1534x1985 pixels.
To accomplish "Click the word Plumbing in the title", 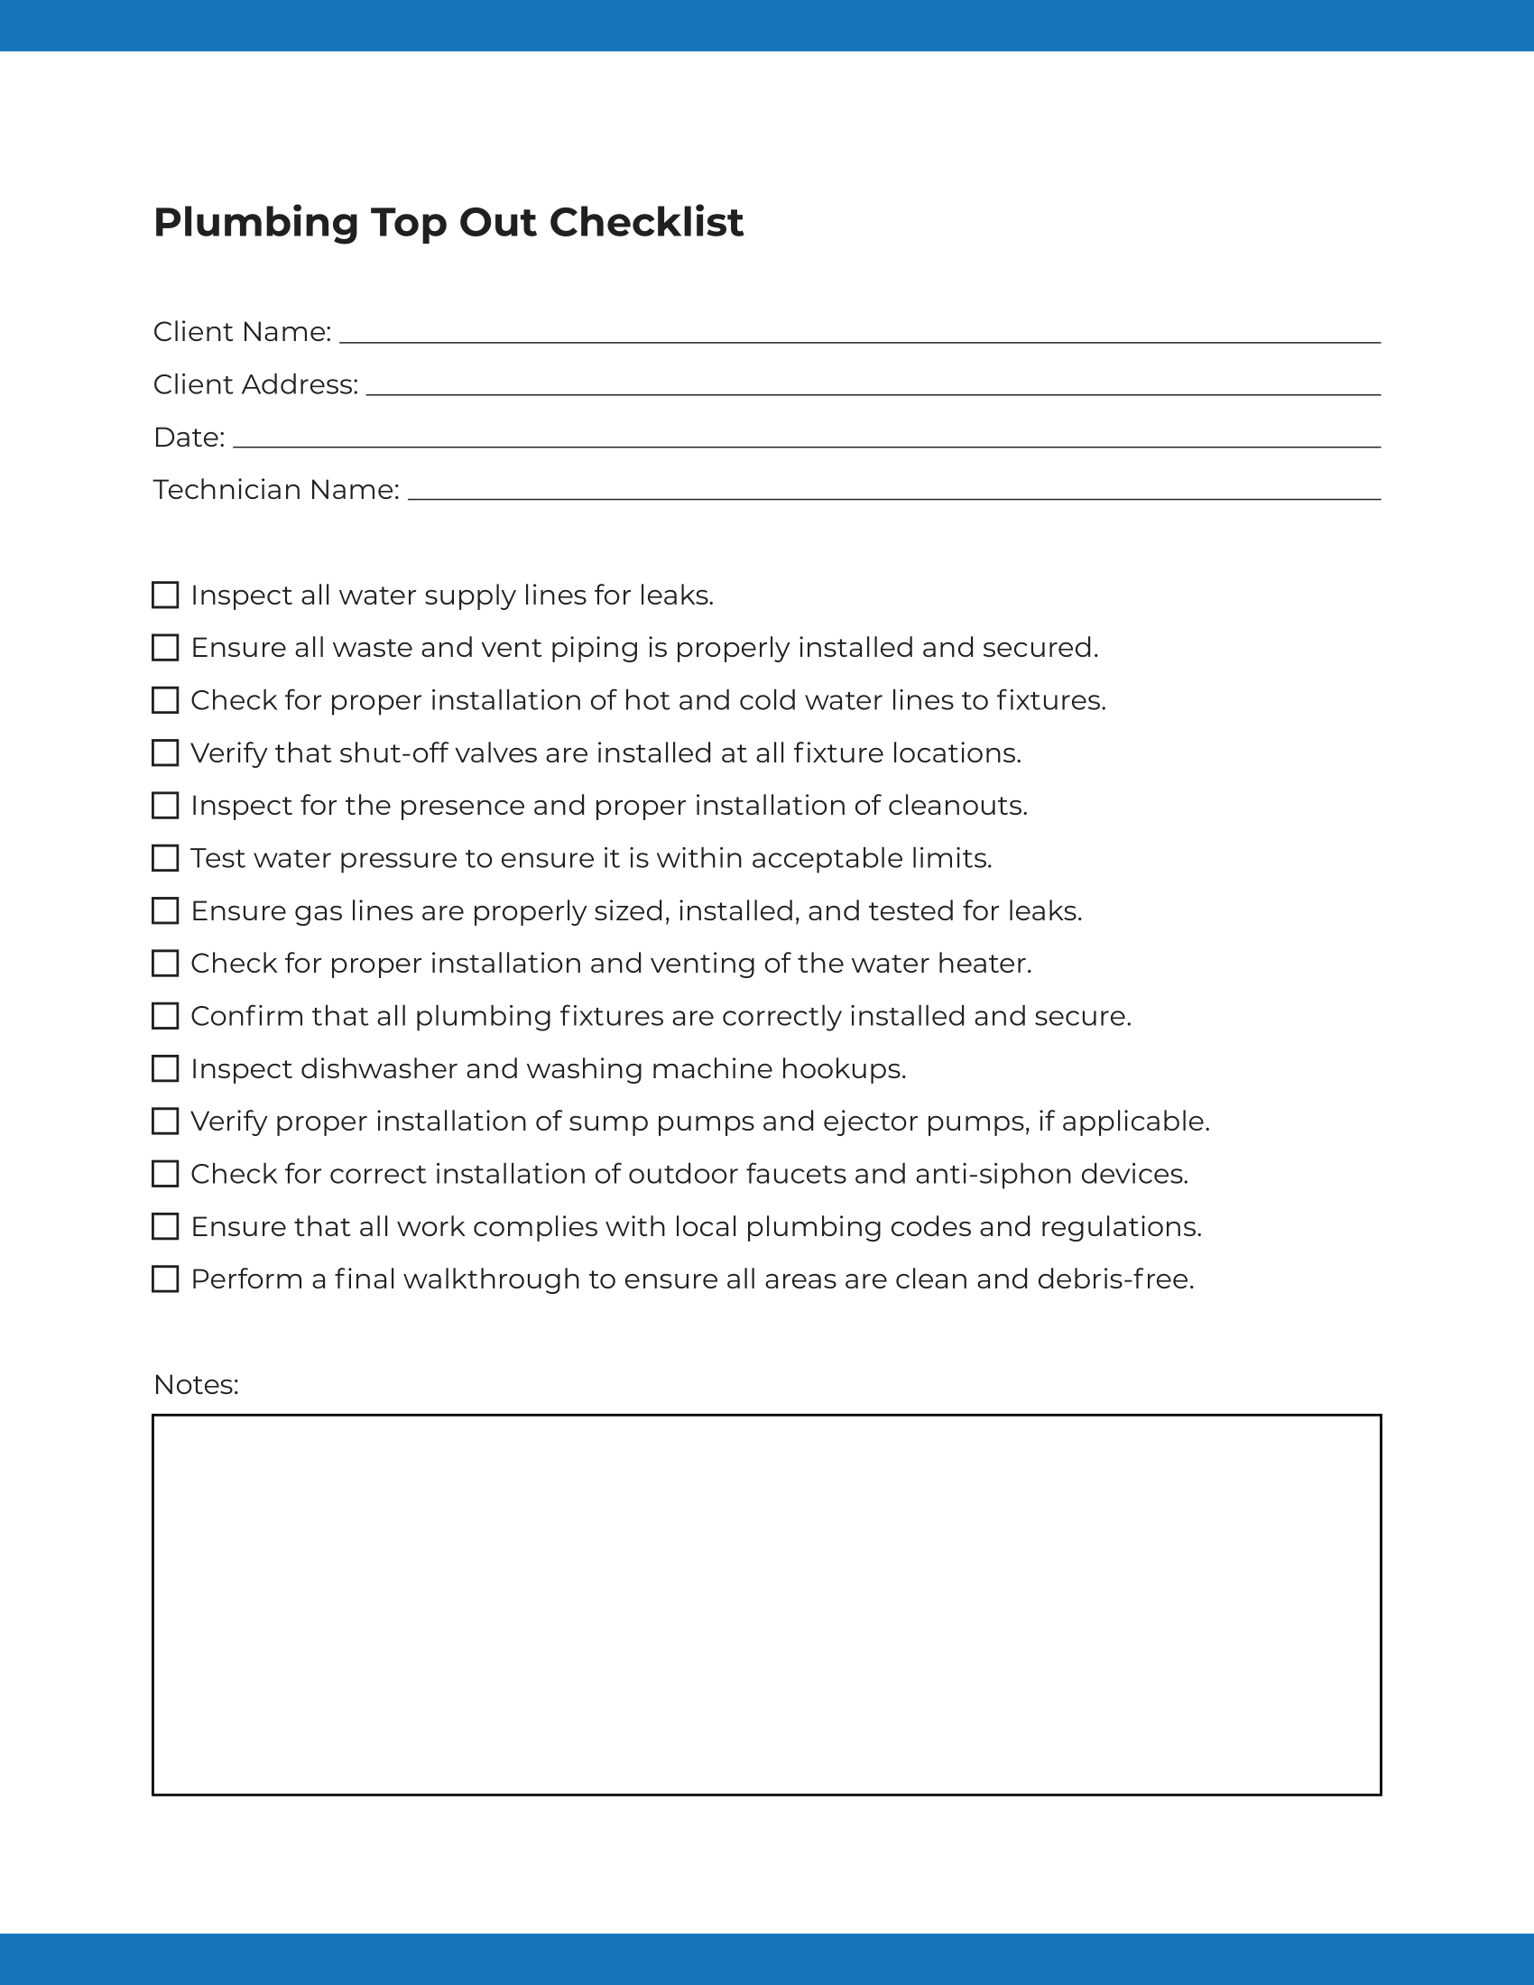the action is (255, 223).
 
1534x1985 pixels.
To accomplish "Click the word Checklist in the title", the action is (646, 223).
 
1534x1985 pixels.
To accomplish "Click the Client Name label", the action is (242, 332).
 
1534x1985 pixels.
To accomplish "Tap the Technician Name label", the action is (276, 490).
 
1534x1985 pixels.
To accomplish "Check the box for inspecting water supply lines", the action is (165, 595).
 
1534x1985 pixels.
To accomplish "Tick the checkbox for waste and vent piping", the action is (165, 648).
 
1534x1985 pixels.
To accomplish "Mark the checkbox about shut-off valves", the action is (165, 753).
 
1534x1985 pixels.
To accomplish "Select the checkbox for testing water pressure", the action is (165, 858).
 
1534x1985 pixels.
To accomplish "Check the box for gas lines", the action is (165, 910).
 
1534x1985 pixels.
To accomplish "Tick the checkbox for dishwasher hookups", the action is (165, 1069).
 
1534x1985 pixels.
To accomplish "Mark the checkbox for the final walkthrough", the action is (165, 1279).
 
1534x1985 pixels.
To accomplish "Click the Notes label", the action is (197, 1384).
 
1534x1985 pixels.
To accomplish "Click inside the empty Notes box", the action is (766, 1605).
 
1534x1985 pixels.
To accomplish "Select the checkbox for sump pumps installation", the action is (165, 1122).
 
